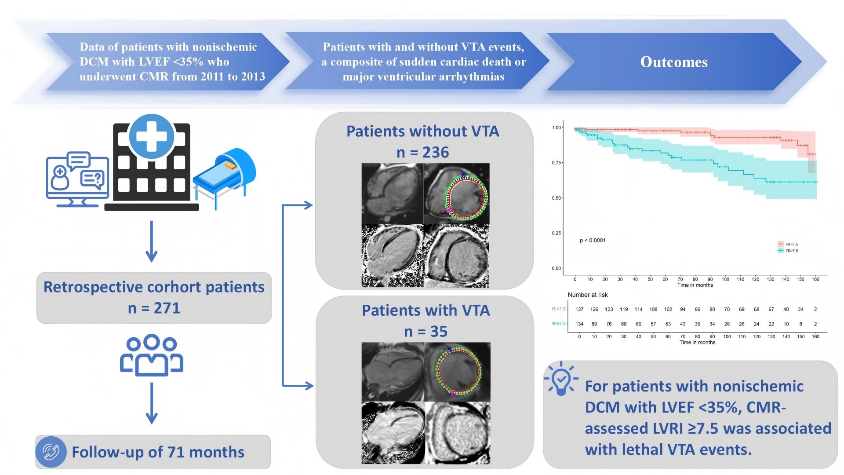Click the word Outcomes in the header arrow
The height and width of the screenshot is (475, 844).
(674, 62)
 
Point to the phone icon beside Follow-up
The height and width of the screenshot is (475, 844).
(51, 452)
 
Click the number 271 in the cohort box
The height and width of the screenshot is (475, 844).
(167, 308)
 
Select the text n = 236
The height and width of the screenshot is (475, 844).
(422, 152)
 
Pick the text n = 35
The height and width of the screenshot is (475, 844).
(426, 331)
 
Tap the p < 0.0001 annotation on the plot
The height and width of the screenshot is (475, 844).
(593, 240)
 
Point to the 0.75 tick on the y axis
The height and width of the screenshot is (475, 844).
(556, 163)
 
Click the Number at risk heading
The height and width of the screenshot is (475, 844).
(588, 295)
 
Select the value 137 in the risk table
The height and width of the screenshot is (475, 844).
(579, 309)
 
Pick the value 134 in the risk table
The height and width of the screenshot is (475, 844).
(579, 324)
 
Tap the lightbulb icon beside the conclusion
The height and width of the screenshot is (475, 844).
(561, 379)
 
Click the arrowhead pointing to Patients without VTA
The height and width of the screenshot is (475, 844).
(309, 205)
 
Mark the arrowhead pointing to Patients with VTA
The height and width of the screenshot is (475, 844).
(309, 386)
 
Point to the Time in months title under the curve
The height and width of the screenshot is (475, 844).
(695, 285)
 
